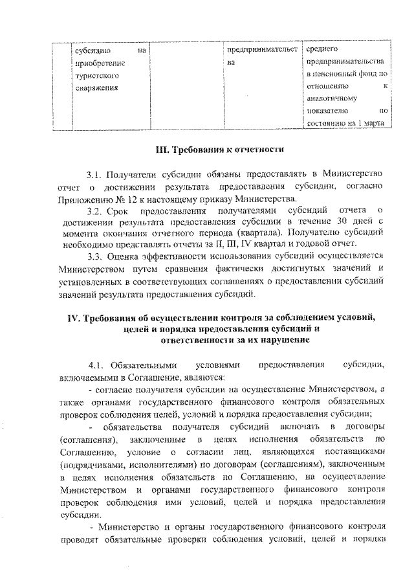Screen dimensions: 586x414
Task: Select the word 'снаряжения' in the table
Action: pos(95,88)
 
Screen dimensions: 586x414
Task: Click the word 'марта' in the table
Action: pos(375,123)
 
